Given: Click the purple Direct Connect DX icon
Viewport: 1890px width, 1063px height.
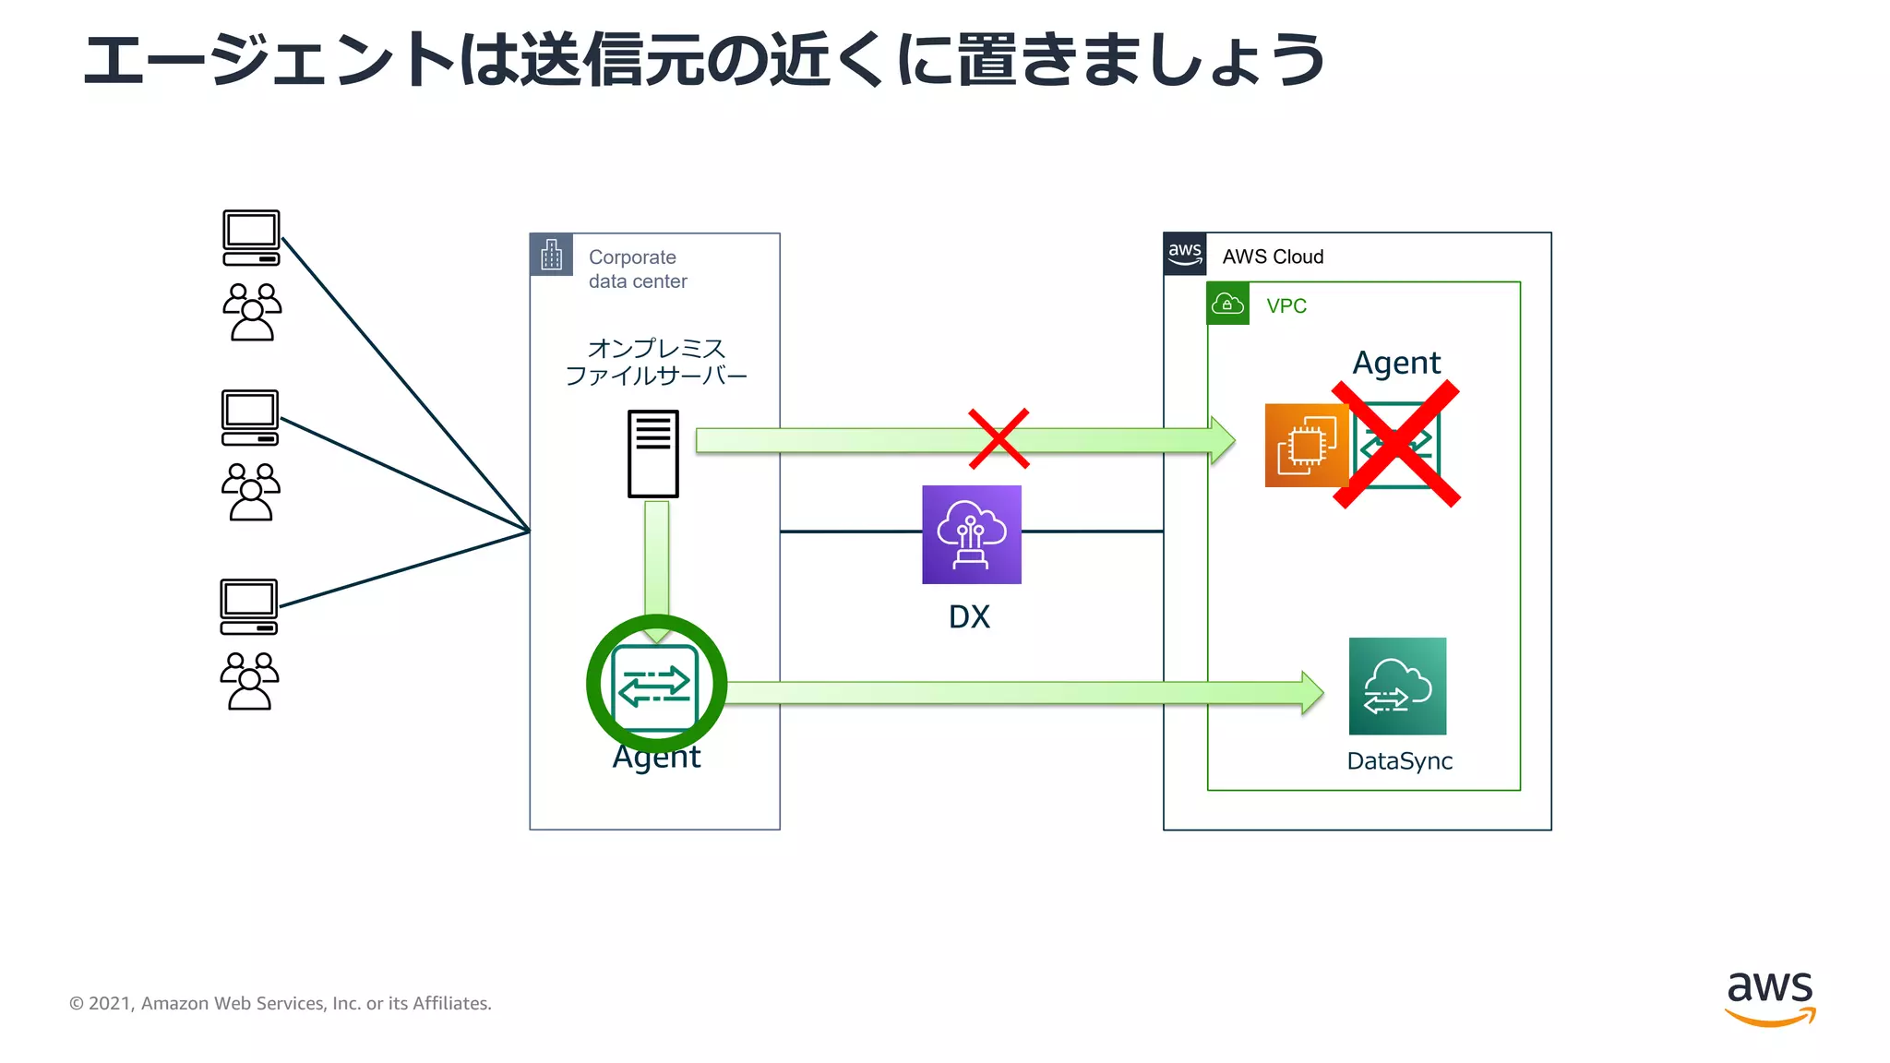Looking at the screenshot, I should [971, 534].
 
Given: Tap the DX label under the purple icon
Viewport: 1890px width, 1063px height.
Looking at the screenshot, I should [969, 616].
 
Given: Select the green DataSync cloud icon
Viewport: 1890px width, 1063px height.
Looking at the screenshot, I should [1397, 686].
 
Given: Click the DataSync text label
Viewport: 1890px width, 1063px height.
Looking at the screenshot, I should [1399, 761].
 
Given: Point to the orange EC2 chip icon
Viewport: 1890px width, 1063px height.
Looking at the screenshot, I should [1305, 445].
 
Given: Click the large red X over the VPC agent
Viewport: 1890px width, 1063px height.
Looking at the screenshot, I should [1396, 445].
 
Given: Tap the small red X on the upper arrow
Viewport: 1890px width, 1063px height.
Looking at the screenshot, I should [999, 438].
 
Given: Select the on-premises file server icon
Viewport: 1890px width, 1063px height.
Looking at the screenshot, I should [652, 453].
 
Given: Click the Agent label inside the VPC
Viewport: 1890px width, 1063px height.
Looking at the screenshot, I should [1395, 363].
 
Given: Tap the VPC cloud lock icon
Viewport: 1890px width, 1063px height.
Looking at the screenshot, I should [1227, 304].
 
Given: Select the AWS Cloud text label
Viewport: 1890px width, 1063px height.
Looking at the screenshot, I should [1273, 257].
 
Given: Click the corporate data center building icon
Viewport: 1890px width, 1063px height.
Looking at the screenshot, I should [551, 255].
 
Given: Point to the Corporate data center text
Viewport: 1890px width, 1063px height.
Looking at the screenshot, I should [637, 269].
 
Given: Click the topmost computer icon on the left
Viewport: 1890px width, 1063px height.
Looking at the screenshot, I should [251, 237].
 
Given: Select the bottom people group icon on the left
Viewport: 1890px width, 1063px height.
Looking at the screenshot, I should [249, 681].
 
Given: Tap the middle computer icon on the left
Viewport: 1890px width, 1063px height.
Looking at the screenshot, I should [250, 417].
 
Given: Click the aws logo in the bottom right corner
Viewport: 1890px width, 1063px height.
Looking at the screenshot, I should [1769, 997].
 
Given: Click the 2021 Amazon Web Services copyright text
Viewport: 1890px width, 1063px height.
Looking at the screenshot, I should [281, 1003].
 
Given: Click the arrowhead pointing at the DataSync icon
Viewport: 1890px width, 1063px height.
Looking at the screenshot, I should [1311, 692].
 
